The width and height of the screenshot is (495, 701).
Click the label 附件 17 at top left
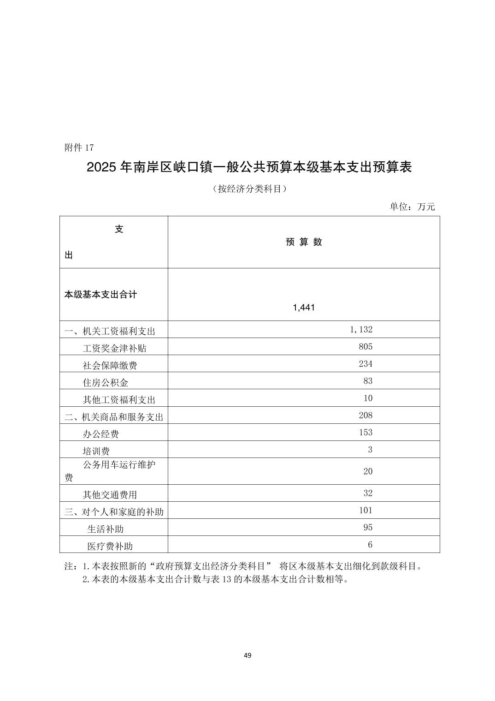(x=79, y=148)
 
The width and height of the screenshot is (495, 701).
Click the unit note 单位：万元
(x=412, y=207)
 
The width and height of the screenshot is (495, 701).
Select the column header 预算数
(x=304, y=242)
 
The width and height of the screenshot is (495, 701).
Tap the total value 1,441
(x=304, y=308)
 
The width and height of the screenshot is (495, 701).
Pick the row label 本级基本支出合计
(x=100, y=294)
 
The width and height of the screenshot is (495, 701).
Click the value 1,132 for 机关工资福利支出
(x=361, y=329)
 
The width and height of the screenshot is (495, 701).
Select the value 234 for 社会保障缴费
(x=365, y=364)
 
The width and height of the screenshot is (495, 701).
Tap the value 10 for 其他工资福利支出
(x=368, y=398)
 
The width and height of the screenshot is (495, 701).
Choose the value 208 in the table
(x=365, y=415)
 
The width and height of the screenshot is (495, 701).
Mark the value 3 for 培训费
(x=370, y=450)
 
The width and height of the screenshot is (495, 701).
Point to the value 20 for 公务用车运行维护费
(x=368, y=471)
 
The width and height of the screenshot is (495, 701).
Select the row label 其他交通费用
(x=110, y=495)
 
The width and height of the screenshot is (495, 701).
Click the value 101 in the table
(x=365, y=510)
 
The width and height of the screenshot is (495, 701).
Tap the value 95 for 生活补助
(x=368, y=527)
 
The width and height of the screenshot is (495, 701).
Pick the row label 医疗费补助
(x=110, y=546)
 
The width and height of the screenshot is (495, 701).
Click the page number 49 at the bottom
(x=247, y=655)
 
